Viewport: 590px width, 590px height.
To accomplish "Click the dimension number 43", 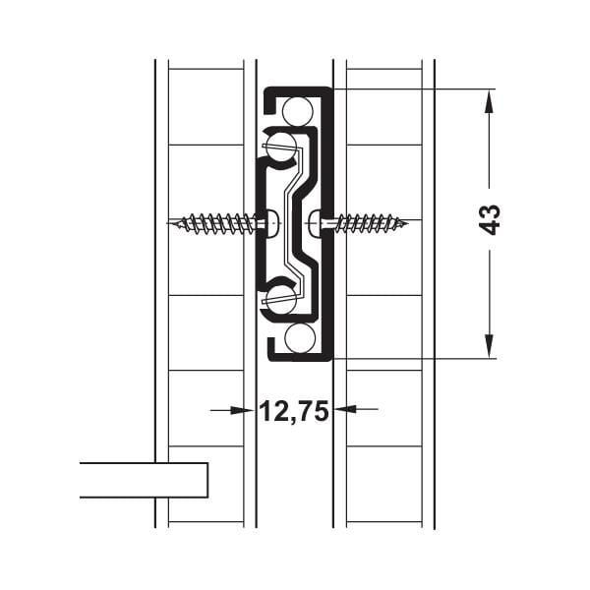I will [x=492, y=218].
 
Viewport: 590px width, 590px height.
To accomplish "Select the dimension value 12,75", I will [x=293, y=411].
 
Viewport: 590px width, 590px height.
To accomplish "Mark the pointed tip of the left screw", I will [x=173, y=223].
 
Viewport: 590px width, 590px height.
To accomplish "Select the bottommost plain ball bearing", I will [x=300, y=338].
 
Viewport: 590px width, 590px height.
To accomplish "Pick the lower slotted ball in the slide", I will [x=282, y=298].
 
